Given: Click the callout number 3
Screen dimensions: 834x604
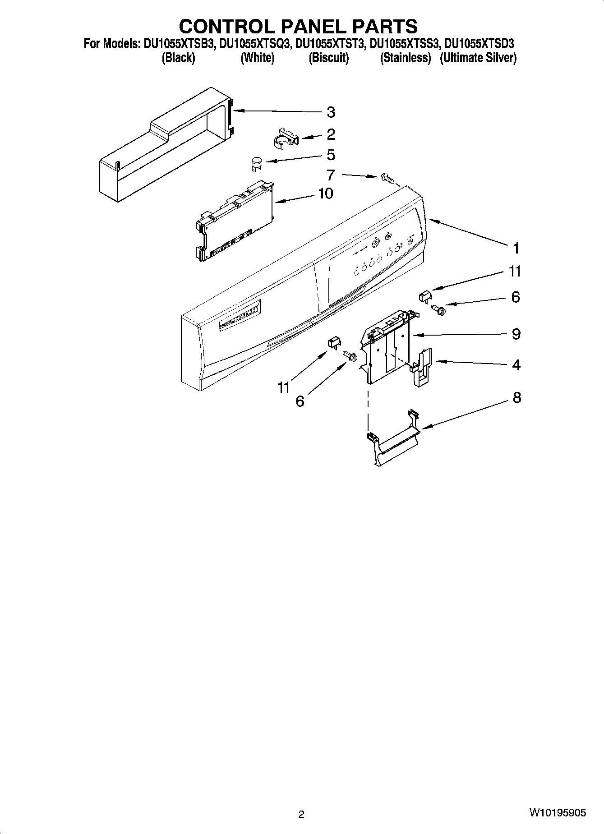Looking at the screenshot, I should click(331, 112).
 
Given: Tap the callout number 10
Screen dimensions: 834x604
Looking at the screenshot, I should click(325, 194).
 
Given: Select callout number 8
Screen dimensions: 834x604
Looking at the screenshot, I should click(516, 397).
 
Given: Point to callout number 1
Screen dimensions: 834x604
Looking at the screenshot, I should click(516, 248).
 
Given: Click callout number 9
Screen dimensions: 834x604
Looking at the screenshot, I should click(516, 334).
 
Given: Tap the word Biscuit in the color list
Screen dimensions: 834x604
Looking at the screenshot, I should click(329, 58).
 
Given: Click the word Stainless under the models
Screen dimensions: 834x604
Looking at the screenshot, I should click(406, 58).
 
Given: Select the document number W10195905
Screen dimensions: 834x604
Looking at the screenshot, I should click(558, 813).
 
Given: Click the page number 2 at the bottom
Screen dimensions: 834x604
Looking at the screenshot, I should click(301, 814).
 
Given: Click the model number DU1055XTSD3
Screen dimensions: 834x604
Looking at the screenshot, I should click(480, 44).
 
